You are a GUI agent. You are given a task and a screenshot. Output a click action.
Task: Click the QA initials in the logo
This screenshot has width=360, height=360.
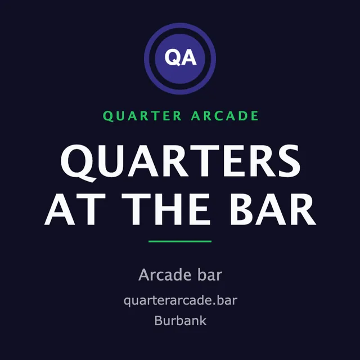click(181, 57)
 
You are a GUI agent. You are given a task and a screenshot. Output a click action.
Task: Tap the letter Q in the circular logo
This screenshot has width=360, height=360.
click(173, 57)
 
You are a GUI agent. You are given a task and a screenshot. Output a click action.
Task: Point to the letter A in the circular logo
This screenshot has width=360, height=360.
click(189, 57)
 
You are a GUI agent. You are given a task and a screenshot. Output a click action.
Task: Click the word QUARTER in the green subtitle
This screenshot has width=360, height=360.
click(142, 116)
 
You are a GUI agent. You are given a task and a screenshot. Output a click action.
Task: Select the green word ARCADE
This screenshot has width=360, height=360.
click(225, 116)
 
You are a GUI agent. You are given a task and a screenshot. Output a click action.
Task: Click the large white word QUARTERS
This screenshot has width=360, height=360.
click(181, 163)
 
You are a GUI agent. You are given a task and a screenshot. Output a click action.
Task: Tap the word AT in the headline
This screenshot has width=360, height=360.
click(75, 209)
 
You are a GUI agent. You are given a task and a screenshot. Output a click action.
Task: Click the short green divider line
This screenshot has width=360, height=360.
click(180, 241)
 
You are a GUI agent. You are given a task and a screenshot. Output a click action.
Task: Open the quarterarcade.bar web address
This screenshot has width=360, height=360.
click(181, 301)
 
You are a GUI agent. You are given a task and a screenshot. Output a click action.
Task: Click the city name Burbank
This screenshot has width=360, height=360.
click(181, 321)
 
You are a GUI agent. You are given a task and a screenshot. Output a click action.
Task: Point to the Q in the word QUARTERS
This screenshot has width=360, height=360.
click(78, 163)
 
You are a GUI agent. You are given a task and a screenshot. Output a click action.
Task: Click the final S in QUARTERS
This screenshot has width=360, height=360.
click(289, 161)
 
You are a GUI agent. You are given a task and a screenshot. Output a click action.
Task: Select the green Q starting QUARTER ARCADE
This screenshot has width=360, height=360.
click(107, 116)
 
